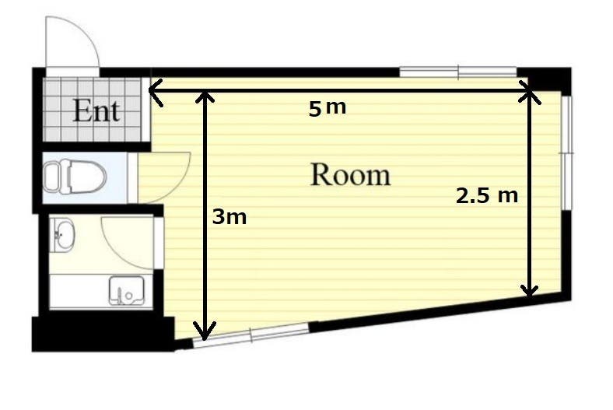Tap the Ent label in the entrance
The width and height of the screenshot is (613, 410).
[x=96, y=110]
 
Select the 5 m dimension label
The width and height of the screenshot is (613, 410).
[x=328, y=107]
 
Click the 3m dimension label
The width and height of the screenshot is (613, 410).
[x=229, y=216]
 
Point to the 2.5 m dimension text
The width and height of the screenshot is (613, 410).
[x=487, y=195]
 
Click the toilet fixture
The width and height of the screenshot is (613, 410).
[x=74, y=177]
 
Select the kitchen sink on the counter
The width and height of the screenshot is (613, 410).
[x=126, y=291]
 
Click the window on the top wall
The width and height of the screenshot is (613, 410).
[x=458, y=72]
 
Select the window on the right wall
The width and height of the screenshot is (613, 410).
[x=566, y=152]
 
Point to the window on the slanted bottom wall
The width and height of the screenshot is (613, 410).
[x=251, y=335]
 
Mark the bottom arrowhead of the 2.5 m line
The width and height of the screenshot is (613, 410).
[x=530, y=290]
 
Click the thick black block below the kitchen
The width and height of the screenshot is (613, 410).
[x=103, y=334]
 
